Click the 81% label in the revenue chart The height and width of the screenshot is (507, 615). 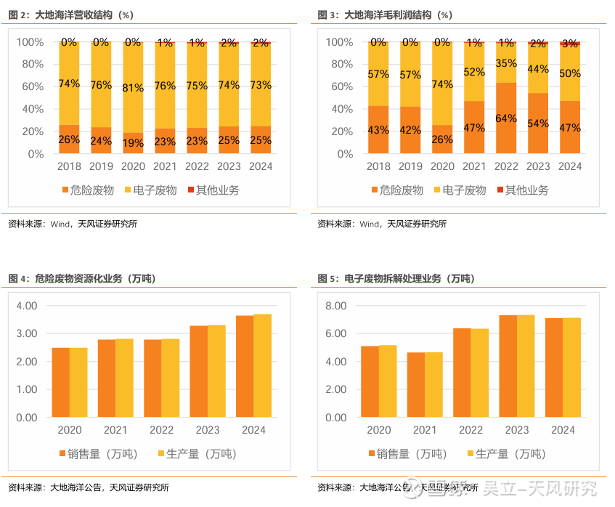pyautogui.click(x=133, y=88)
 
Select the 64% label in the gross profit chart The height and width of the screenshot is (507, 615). pyautogui.click(x=506, y=118)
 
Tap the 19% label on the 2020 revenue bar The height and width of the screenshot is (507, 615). pyautogui.click(x=133, y=143)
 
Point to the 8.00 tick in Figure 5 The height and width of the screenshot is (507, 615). pyautogui.click(x=335, y=306)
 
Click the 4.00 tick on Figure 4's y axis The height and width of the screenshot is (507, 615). pyautogui.click(x=26, y=306)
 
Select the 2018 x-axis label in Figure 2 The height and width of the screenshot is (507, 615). pyautogui.click(x=69, y=166)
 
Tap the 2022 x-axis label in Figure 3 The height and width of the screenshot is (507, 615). pyautogui.click(x=506, y=166)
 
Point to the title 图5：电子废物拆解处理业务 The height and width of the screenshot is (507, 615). pyautogui.click(x=396, y=278)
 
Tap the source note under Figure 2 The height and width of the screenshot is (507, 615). pyautogui.click(x=73, y=224)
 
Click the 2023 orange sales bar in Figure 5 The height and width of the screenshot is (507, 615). pyautogui.click(x=508, y=367)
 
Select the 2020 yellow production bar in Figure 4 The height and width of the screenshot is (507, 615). pyautogui.click(x=78, y=383)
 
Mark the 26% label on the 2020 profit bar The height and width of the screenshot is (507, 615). pyautogui.click(x=442, y=139)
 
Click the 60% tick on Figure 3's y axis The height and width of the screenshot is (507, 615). pyautogui.click(x=340, y=86)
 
